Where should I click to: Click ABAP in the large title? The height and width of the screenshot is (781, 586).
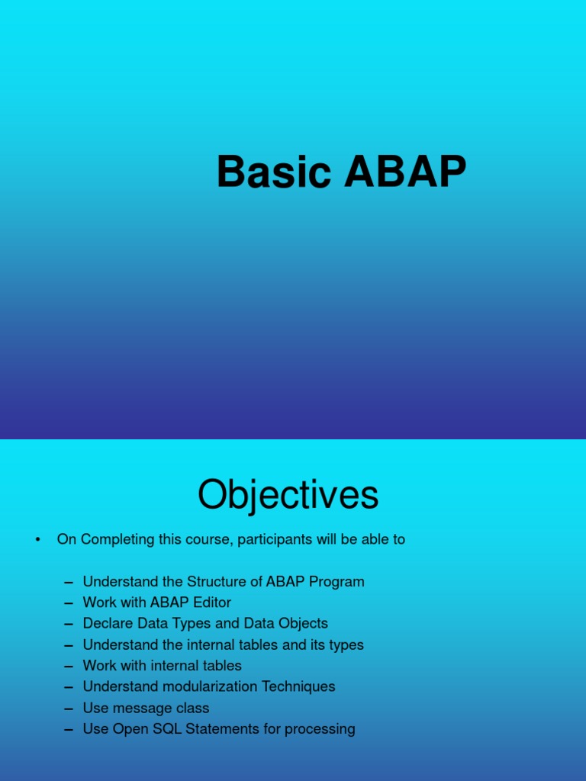[404, 172]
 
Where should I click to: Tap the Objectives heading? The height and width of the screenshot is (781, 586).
[288, 495]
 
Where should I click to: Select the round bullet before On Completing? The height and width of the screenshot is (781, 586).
[37, 540]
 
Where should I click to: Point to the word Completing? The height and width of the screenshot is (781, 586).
[117, 539]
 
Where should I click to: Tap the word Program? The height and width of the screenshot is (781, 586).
[336, 581]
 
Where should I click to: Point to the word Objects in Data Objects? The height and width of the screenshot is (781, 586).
[302, 623]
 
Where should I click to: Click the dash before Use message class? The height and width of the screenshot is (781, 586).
[69, 708]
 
